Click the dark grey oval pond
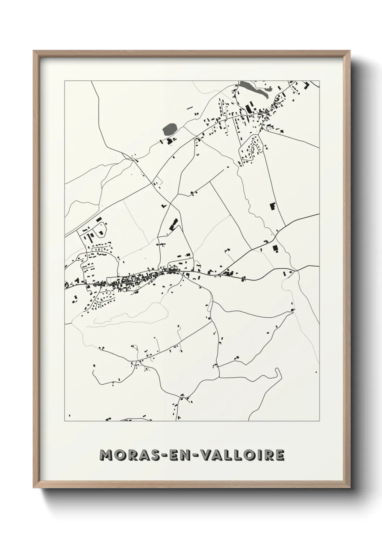tap(170, 129)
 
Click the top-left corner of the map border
tap(65, 81)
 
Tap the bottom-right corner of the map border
tap(320, 421)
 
